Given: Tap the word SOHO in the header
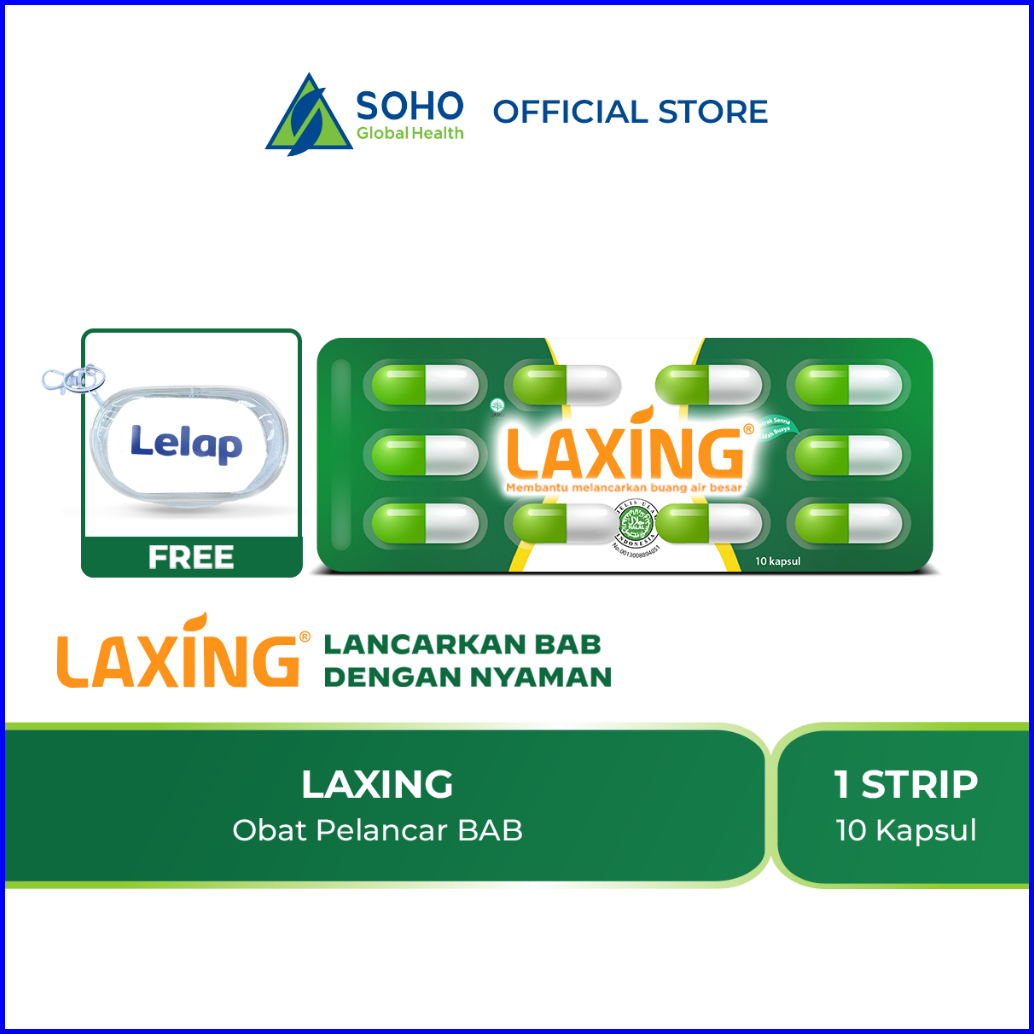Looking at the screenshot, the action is (x=410, y=105).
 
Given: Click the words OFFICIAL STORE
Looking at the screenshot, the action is (x=630, y=111).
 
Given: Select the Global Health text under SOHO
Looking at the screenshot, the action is (x=410, y=133).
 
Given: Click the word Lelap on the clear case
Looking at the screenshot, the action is (x=186, y=443).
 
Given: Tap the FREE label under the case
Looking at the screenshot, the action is (x=191, y=557).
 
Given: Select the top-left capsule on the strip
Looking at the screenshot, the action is (x=424, y=384).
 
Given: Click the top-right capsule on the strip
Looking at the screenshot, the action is (x=849, y=385).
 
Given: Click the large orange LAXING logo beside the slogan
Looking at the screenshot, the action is (x=177, y=652).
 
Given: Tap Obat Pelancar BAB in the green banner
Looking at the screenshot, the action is (x=378, y=831).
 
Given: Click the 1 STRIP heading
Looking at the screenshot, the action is (x=906, y=785).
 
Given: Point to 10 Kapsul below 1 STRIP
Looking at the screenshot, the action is (x=906, y=831).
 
